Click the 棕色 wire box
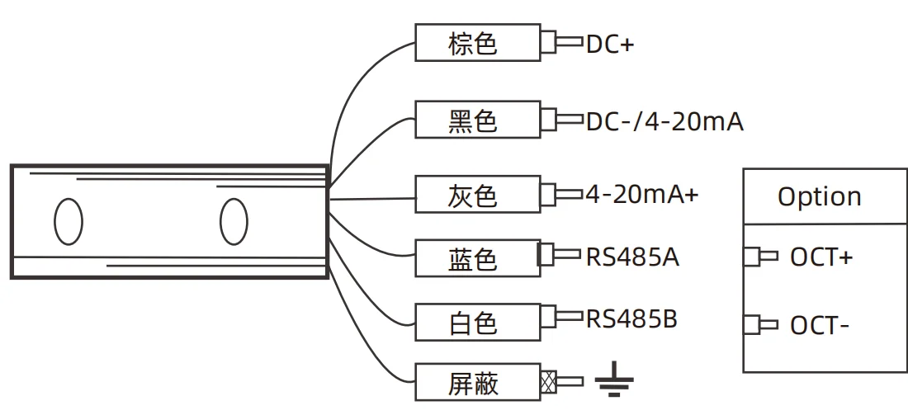(477, 42)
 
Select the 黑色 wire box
(477, 121)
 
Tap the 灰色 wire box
(477, 196)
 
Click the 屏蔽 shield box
(477, 383)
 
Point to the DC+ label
(609, 45)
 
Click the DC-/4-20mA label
(664, 122)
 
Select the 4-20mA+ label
(641, 195)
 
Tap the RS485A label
(632, 257)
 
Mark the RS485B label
(631, 318)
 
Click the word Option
(819, 196)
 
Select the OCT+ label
(821, 257)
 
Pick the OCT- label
(820, 326)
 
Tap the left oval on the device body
(69, 221)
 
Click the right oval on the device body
(234, 221)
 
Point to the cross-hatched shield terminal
(547, 382)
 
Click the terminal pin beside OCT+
(759, 257)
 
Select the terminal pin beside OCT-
(759, 325)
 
